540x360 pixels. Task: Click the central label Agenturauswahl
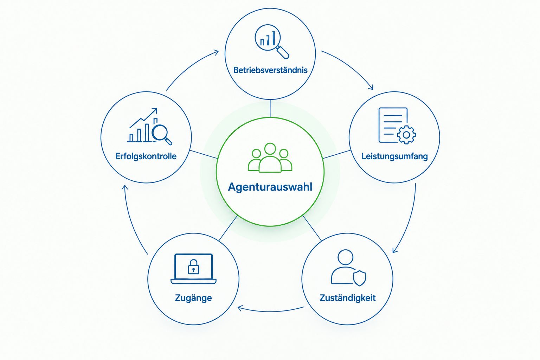(270, 187)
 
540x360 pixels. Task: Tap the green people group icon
(270, 158)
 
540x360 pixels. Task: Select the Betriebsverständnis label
(270, 70)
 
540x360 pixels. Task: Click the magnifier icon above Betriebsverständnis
(272, 41)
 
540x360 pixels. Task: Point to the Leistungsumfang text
(395, 156)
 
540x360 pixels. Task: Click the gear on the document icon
(406, 135)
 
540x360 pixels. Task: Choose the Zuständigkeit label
(347, 298)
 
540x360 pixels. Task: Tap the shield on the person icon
(359, 278)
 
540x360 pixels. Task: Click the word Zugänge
(193, 298)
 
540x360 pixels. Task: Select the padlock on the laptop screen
(193, 267)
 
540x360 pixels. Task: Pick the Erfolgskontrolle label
(146, 156)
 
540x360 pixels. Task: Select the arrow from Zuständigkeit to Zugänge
(270, 311)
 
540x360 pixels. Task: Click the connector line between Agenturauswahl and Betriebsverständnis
(270, 109)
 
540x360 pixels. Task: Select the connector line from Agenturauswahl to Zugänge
(228, 228)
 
